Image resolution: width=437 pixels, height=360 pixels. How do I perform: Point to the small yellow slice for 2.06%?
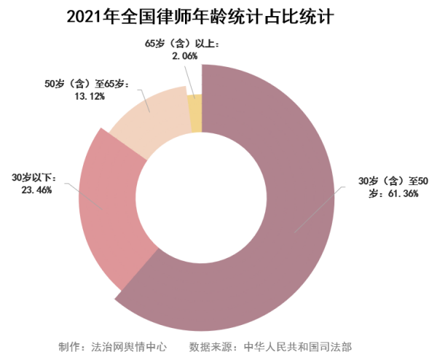click(194, 113)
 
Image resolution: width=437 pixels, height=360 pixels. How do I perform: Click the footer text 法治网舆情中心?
click(127, 345)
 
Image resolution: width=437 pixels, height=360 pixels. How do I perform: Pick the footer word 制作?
click(69, 345)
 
